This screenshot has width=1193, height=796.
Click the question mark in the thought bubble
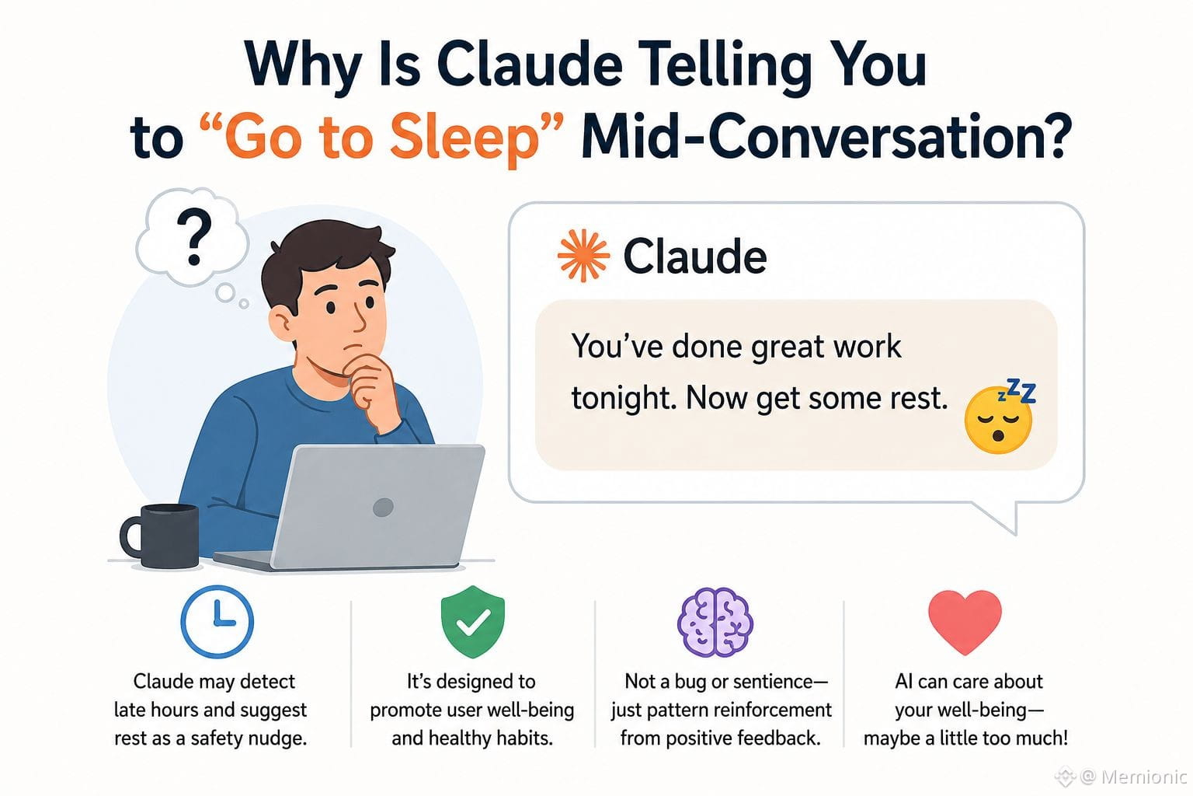pos(194,236)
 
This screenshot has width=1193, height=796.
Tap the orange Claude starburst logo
pos(583,256)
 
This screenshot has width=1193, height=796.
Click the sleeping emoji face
pos(999,420)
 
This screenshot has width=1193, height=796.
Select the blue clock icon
pos(217,622)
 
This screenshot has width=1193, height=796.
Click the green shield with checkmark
pos(473,621)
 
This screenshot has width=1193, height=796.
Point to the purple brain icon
pos(715,622)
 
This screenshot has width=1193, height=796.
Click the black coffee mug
pos(160,536)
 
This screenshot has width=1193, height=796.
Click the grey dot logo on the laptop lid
pos(383,507)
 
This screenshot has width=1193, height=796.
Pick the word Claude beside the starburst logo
pos(694,257)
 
